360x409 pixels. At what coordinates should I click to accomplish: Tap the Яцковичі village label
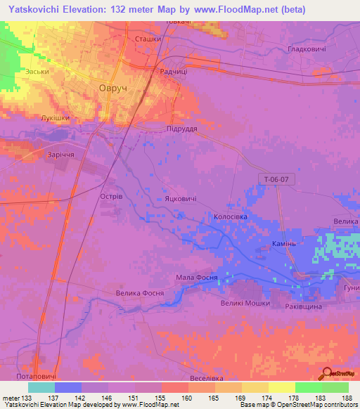(x=181, y=200)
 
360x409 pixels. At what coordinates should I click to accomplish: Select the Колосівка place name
(x=234, y=218)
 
